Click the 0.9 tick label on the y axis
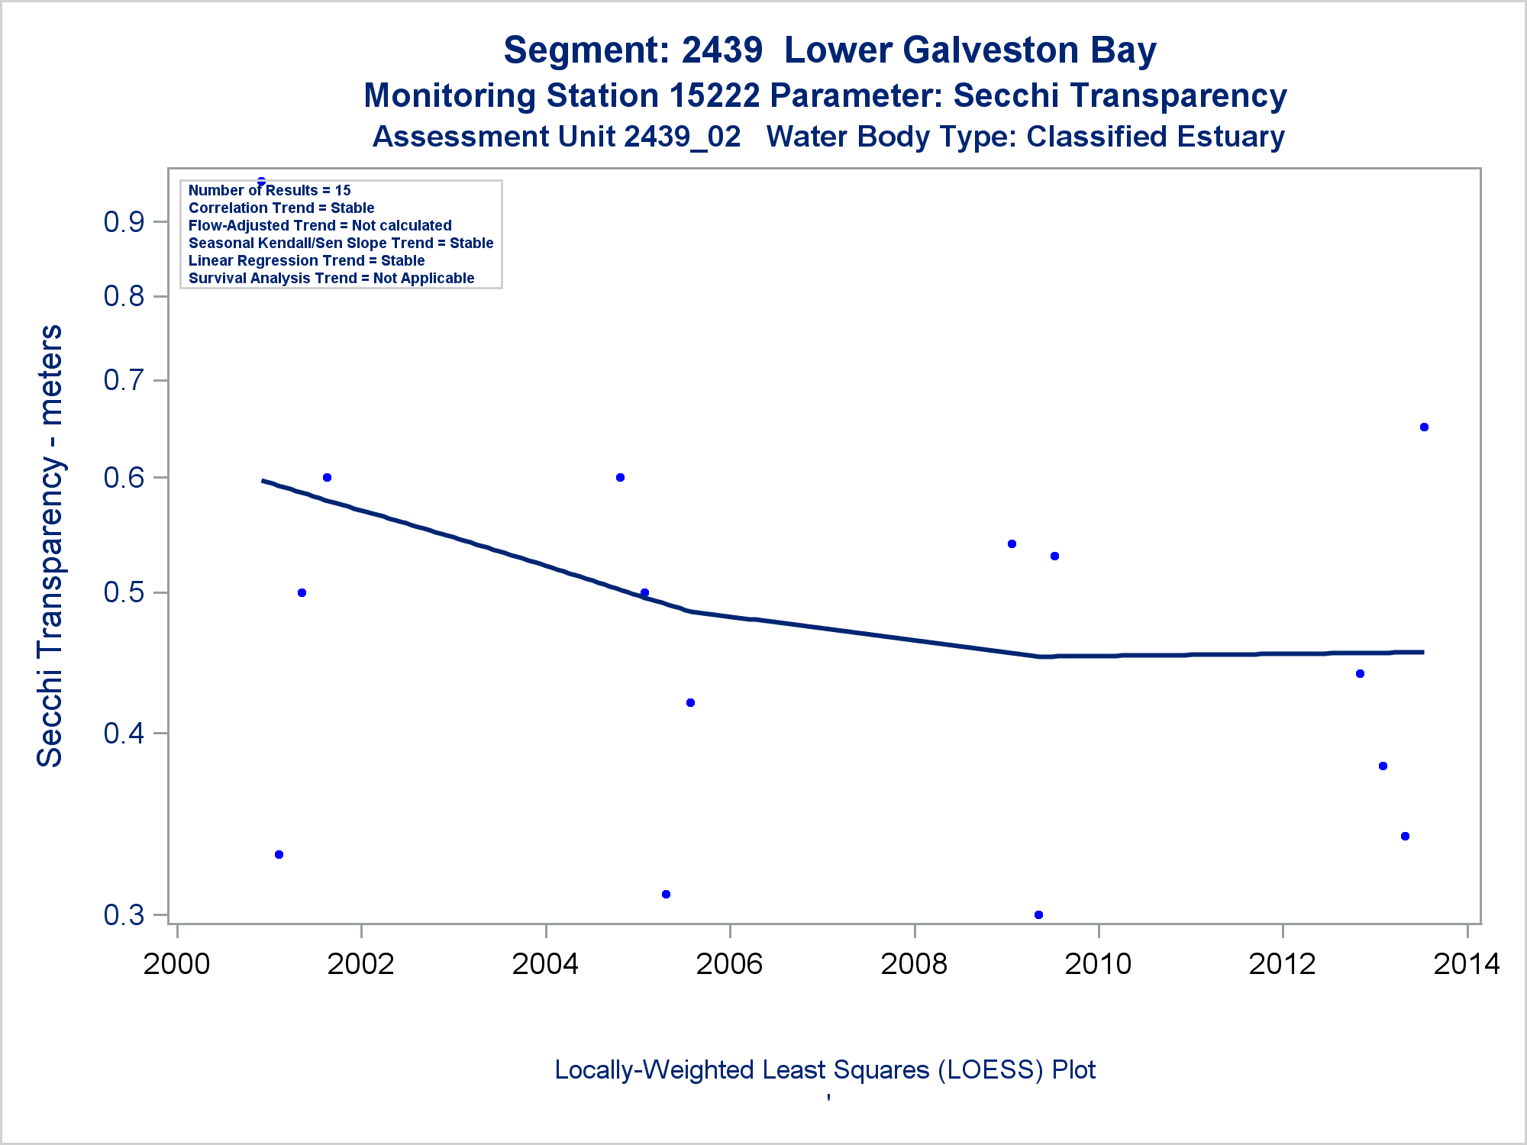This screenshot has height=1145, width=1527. (124, 222)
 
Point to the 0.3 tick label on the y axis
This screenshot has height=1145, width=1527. (124, 914)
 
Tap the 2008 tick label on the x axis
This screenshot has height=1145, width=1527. (914, 964)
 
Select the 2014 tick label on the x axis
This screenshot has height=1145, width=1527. (1467, 964)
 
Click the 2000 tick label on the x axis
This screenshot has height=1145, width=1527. (176, 964)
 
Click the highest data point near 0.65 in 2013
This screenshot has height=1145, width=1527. (1424, 427)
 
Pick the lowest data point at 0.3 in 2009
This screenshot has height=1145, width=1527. (1038, 914)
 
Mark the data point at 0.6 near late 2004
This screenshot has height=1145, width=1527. (620, 478)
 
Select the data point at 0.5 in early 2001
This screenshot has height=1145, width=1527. (302, 593)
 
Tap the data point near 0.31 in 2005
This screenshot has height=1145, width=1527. (666, 894)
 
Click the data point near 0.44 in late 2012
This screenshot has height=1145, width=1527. (1360, 673)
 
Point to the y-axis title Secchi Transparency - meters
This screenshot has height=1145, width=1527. (50, 546)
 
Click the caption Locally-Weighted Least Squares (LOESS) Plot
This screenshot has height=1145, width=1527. (825, 1070)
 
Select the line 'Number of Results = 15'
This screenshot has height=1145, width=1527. (270, 190)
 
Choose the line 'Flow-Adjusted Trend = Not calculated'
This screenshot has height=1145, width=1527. (320, 225)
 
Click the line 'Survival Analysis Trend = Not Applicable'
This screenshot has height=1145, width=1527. (331, 278)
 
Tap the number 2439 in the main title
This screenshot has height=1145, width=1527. (722, 50)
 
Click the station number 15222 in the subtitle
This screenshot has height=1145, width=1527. (714, 96)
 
